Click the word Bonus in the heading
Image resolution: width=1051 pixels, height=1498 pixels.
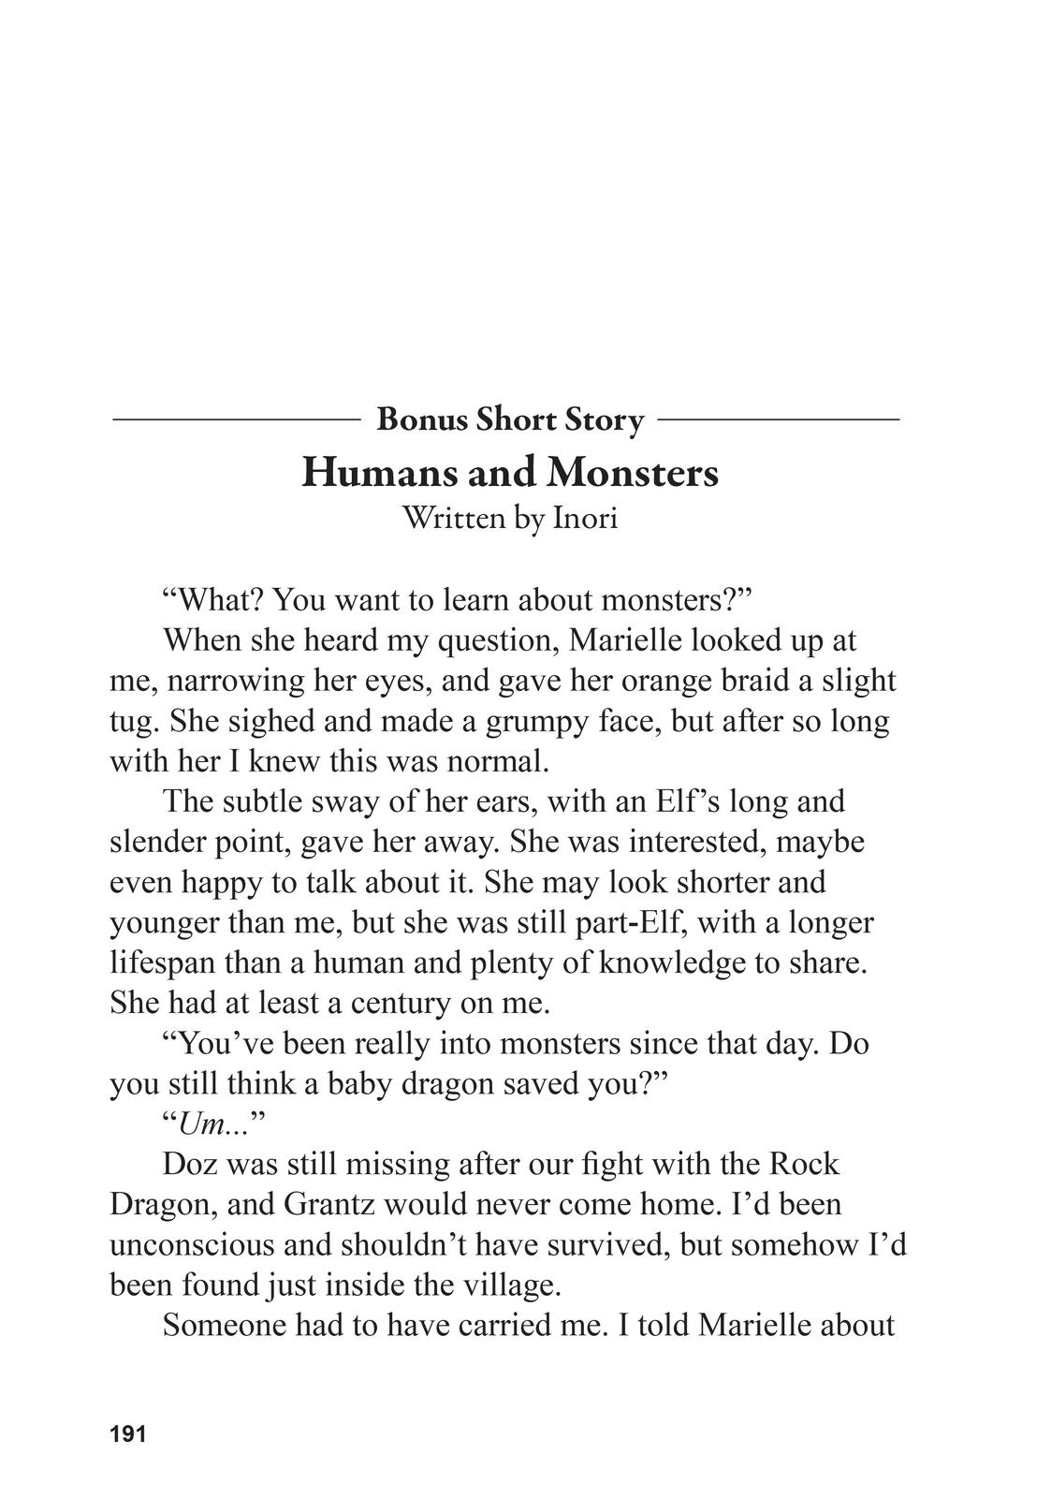(422, 419)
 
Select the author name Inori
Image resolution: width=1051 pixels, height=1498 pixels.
(585, 518)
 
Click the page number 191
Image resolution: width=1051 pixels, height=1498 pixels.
(128, 1433)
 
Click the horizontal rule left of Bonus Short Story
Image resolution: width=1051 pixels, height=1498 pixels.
(236, 420)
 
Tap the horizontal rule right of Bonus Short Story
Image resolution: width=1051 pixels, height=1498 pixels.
(778, 420)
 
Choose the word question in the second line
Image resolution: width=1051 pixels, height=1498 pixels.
(499, 640)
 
